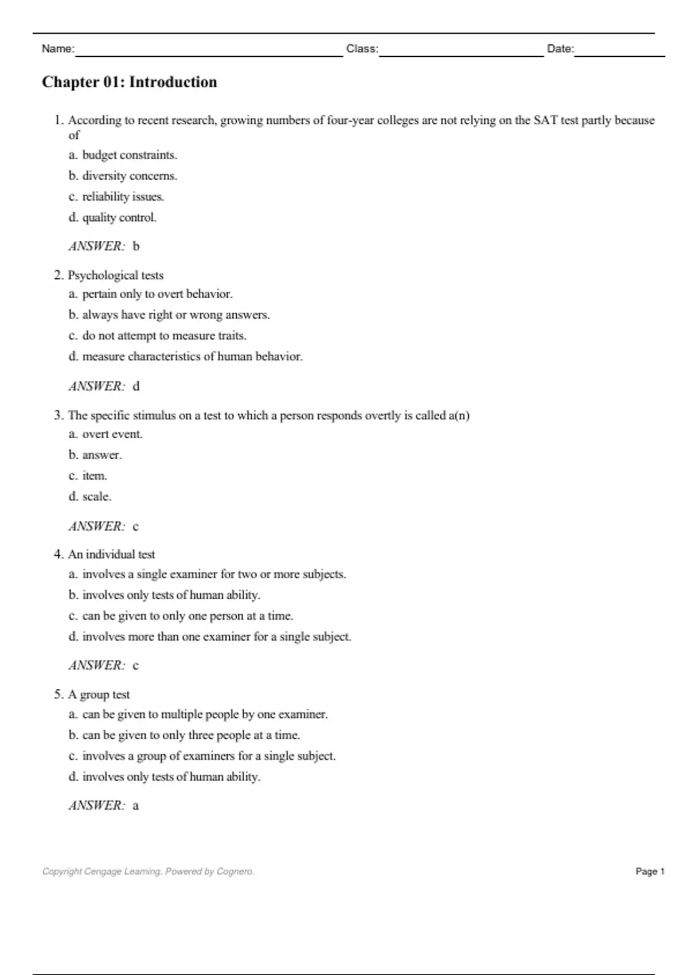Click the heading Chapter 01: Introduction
pyautogui.click(x=130, y=82)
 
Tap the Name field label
pyautogui.click(x=58, y=49)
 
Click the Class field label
pyautogui.click(x=362, y=49)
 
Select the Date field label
pyautogui.click(x=560, y=49)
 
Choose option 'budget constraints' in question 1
pyautogui.click(x=130, y=155)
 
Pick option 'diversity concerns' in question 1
pyautogui.click(x=130, y=175)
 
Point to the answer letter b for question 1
pyautogui.click(x=136, y=246)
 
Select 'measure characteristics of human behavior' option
pyautogui.click(x=192, y=356)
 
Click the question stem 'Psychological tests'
pyautogui.click(x=115, y=275)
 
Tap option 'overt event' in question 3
pyautogui.click(x=112, y=434)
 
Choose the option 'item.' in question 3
pyautogui.click(x=95, y=475)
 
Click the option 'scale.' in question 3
pyautogui.click(x=97, y=496)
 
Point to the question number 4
pyautogui.click(x=58, y=554)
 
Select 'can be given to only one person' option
pyautogui.click(x=187, y=615)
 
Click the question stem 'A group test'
pyautogui.click(x=99, y=694)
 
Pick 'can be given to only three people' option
pyautogui.click(x=191, y=735)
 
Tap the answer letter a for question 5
pyautogui.click(x=136, y=805)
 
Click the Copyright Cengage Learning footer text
pyautogui.click(x=148, y=871)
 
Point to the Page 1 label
pyautogui.click(x=650, y=871)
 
